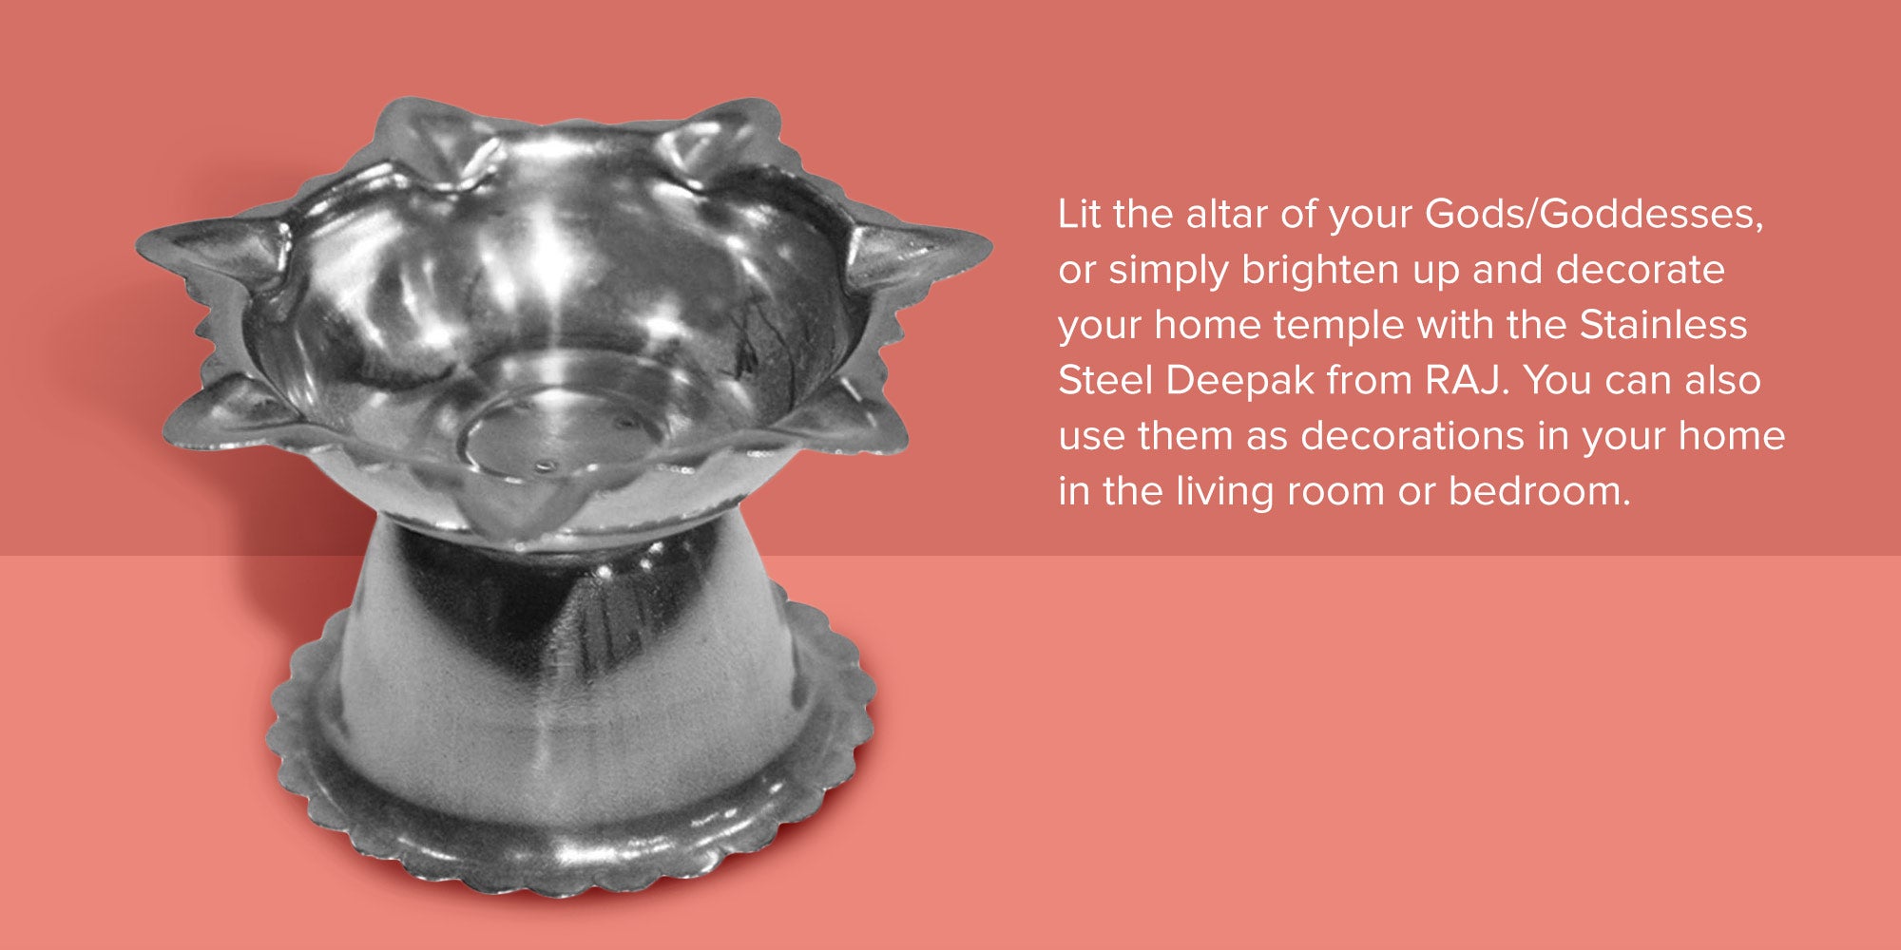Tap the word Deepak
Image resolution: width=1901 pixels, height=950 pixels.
coord(1240,382)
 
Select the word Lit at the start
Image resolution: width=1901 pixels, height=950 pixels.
coord(1080,215)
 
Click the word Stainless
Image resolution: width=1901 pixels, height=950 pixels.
coord(1663,325)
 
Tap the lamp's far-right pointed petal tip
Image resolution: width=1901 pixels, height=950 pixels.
coord(989,251)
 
